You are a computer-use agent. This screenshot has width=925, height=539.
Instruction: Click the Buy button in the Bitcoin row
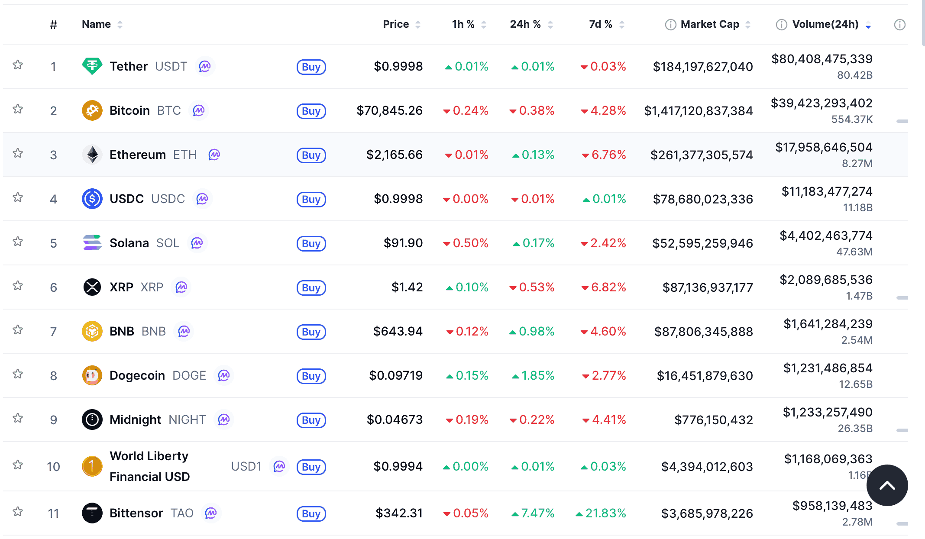[x=311, y=111]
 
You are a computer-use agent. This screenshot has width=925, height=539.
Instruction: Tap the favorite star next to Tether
[x=18, y=65]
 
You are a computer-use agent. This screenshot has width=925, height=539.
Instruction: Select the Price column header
[x=396, y=24]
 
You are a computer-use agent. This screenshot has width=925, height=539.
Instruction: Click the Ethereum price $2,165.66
[x=394, y=155]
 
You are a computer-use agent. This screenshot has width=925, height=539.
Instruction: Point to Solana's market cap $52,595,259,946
[x=702, y=243]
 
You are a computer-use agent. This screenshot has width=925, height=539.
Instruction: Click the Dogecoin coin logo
[x=92, y=375]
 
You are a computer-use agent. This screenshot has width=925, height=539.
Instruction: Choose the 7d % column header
[x=600, y=24]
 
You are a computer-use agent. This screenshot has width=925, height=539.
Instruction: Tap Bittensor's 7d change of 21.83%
[x=605, y=513]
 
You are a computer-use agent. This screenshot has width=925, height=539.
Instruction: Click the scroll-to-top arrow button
[x=887, y=485]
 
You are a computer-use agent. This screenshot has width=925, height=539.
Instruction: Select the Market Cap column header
[x=709, y=24]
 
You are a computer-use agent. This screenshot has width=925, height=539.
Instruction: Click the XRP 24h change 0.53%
[x=536, y=287]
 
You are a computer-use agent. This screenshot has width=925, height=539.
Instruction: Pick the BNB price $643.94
[x=398, y=332]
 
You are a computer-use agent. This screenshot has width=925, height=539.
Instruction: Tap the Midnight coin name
[x=135, y=420]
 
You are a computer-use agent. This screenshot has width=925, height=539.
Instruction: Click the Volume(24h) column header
[x=825, y=24]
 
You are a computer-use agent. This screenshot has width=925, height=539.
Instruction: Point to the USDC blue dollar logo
[x=92, y=199]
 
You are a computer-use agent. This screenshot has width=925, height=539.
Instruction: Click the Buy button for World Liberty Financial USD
[x=311, y=467]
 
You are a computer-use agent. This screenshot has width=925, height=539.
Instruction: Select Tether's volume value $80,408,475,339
[x=822, y=59]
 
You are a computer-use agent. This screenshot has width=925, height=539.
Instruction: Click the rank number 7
[x=53, y=332]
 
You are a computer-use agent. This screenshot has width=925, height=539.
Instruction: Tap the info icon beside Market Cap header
[x=670, y=25]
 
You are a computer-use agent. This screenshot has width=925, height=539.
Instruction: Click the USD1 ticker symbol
[x=246, y=467]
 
